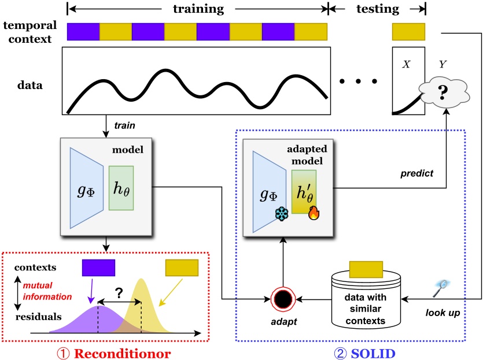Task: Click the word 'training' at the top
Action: (x=198, y=9)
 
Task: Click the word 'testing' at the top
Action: (x=377, y=9)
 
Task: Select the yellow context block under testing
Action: (x=408, y=31)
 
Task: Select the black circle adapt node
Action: (x=284, y=300)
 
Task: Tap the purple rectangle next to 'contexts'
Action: (x=98, y=268)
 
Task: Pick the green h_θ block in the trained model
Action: (x=121, y=188)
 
